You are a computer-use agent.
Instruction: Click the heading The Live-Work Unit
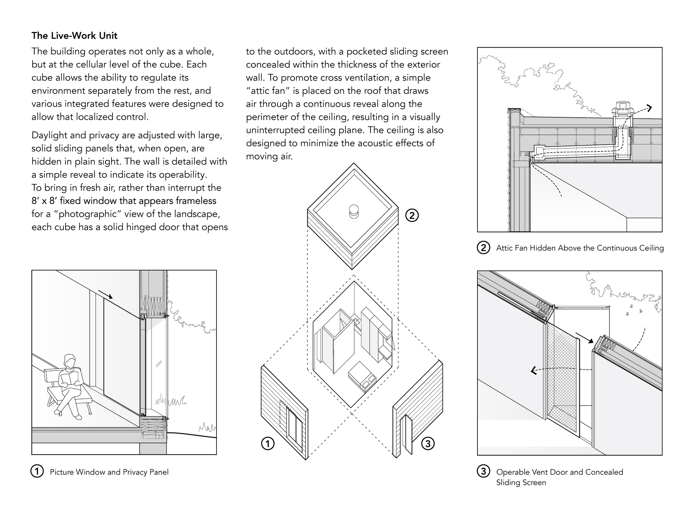[x=74, y=36]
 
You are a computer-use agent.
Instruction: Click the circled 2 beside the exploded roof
[x=412, y=216]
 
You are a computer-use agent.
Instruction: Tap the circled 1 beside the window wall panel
[x=267, y=444]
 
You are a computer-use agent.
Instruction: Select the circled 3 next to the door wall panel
[x=428, y=444]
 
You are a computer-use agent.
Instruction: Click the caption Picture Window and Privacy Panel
[x=109, y=472]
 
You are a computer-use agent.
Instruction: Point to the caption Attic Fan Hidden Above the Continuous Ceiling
[x=580, y=248]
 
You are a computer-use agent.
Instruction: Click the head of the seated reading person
[x=70, y=362]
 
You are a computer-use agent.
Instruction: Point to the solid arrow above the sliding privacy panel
[x=105, y=294]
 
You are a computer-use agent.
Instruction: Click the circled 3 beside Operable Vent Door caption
[x=484, y=472]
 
